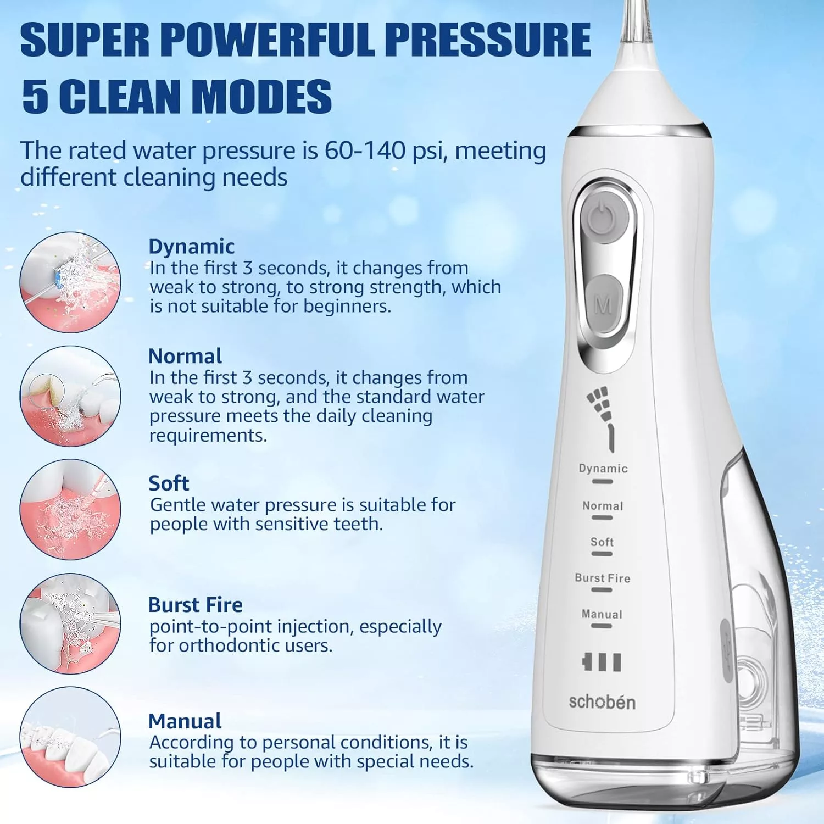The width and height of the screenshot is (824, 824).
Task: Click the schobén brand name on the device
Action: click(602, 701)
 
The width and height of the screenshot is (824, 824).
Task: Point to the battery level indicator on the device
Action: click(602, 662)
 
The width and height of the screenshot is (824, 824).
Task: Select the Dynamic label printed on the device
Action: click(603, 468)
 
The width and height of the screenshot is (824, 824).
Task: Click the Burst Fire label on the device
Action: click(603, 578)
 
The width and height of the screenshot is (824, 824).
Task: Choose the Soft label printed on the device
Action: click(602, 542)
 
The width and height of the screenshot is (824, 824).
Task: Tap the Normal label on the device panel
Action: click(603, 505)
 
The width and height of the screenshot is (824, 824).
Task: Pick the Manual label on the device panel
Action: click(602, 614)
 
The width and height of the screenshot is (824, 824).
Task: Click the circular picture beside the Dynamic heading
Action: click(70, 282)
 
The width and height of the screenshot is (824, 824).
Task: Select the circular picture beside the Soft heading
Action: click(70, 510)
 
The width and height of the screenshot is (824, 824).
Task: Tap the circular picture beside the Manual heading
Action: click(70, 737)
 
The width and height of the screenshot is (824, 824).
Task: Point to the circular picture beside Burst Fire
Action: click(70, 624)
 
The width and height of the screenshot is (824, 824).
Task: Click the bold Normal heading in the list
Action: click(185, 356)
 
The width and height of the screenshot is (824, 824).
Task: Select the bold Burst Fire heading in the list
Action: click(196, 605)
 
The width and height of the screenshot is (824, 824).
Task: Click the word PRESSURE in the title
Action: click(487, 39)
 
